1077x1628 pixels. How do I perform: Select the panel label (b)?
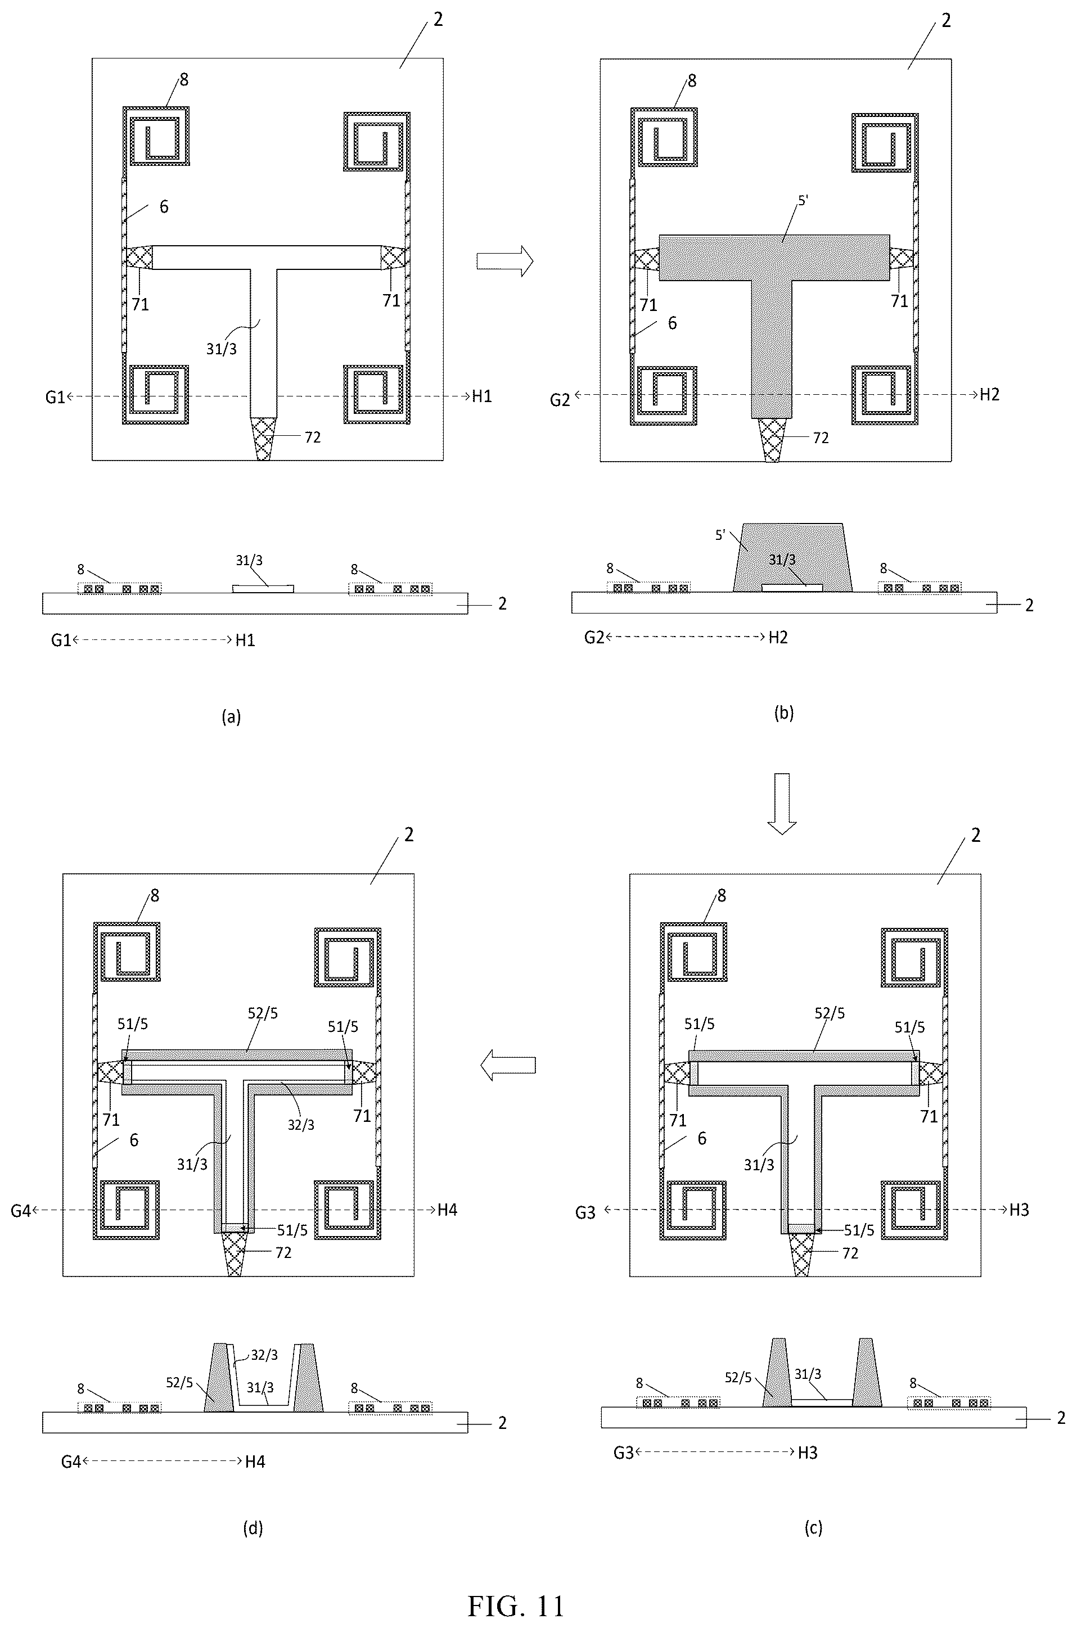click(784, 712)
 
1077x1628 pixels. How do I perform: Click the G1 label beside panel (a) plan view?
click(55, 398)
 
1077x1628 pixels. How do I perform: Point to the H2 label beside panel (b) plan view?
click(990, 394)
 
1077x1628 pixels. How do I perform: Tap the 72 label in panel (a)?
click(313, 438)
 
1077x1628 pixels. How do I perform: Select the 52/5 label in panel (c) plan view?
click(830, 1013)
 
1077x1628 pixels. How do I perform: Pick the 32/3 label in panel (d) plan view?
click(301, 1125)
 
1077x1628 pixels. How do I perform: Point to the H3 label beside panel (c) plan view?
click(1019, 1210)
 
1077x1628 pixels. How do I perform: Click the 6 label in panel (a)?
click(164, 207)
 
